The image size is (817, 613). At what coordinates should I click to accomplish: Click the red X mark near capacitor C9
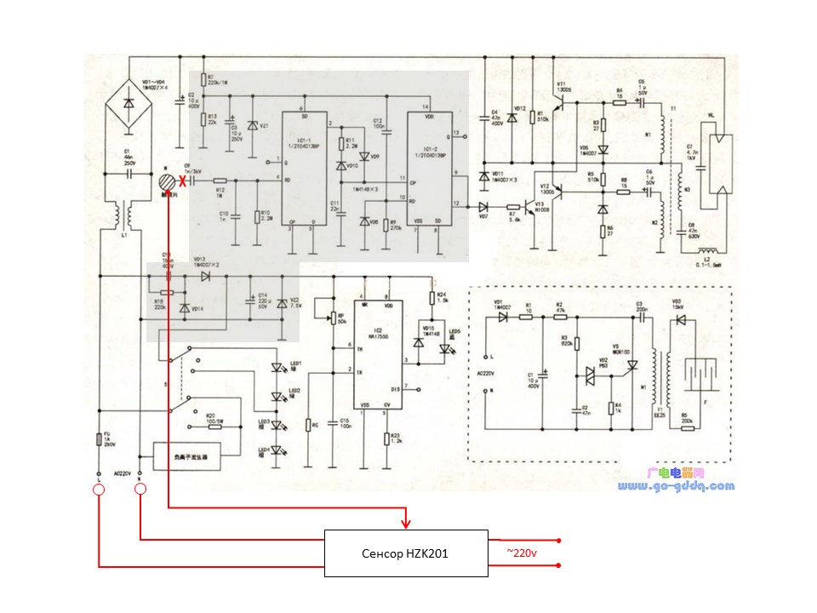[181, 180]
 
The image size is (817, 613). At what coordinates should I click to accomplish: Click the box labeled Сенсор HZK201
[407, 553]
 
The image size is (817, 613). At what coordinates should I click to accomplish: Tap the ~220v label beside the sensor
[523, 553]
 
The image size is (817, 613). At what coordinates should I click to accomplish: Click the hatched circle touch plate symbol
[169, 180]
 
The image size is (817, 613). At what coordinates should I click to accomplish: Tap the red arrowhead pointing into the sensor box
[407, 520]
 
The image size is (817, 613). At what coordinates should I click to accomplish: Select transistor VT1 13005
[559, 104]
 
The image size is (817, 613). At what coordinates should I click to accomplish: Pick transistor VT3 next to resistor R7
[536, 207]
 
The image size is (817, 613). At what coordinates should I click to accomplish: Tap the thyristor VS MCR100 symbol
[631, 365]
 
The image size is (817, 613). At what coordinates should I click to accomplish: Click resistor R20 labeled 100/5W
[212, 422]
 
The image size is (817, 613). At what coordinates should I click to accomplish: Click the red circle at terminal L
[100, 489]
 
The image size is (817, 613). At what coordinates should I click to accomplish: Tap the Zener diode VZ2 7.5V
[282, 302]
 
